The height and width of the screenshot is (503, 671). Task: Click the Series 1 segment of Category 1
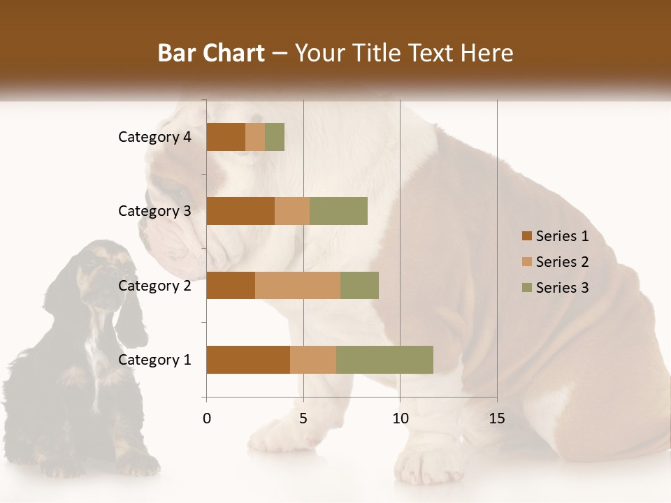248,360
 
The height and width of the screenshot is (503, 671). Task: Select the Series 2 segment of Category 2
298,285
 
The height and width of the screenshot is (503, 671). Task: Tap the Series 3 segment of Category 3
338,211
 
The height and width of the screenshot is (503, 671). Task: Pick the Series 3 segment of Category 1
384,360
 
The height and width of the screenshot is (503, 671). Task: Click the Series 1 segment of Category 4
226,137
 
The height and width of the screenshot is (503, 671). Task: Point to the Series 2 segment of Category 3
292,211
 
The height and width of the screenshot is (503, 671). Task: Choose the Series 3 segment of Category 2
359,285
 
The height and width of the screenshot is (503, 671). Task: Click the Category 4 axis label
154,137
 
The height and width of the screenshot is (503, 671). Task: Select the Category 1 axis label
154,360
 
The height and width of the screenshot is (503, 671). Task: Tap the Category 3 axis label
154,211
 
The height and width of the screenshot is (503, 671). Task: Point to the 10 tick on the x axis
400,418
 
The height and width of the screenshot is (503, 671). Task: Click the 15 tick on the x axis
497,418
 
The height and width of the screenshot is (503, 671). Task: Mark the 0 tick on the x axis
207,418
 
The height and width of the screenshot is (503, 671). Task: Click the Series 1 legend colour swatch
526,236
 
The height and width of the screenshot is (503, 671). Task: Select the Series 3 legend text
562,288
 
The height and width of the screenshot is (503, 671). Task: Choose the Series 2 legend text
562,262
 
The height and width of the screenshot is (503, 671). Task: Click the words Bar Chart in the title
211,53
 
